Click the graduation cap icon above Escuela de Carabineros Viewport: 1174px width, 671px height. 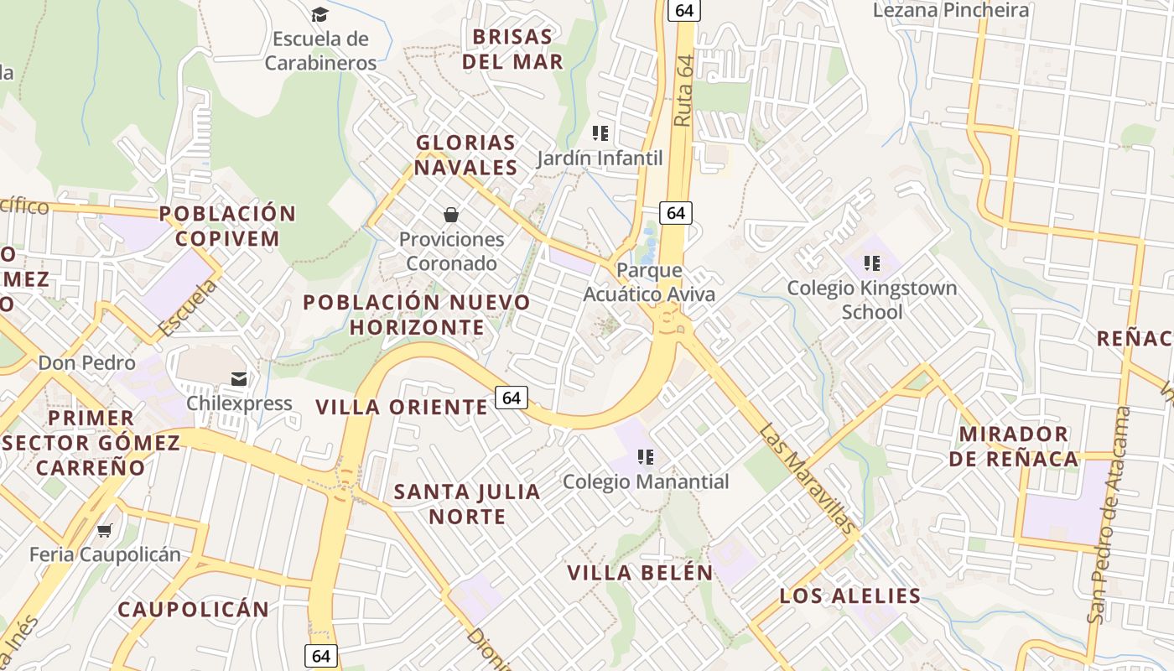click(319, 14)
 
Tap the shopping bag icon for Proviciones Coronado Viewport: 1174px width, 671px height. click(451, 215)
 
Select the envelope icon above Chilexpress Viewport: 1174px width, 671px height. click(240, 379)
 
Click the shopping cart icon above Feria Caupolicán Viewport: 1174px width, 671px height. click(105, 530)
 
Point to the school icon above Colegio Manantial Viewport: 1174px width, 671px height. click(645, 457)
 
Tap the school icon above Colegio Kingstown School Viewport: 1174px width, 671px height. click(872, 263)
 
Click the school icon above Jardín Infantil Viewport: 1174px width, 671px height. click(600, 133)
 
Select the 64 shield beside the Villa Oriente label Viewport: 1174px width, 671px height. click(512, 398)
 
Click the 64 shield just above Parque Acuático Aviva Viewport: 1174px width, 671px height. click(676, 213)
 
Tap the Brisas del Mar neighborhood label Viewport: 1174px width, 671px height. click(512, 49)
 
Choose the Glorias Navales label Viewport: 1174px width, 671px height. click(465, 155)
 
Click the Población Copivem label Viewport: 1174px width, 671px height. click(227, 226)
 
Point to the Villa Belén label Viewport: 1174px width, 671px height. click(640, 573)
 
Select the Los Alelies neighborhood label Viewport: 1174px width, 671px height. click(850, 596)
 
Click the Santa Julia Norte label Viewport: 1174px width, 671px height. click(467, 504)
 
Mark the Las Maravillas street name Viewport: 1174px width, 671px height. click(809, 479)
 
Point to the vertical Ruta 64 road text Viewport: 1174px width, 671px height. click(685, 91)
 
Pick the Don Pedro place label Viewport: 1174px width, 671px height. click(86, 363)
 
